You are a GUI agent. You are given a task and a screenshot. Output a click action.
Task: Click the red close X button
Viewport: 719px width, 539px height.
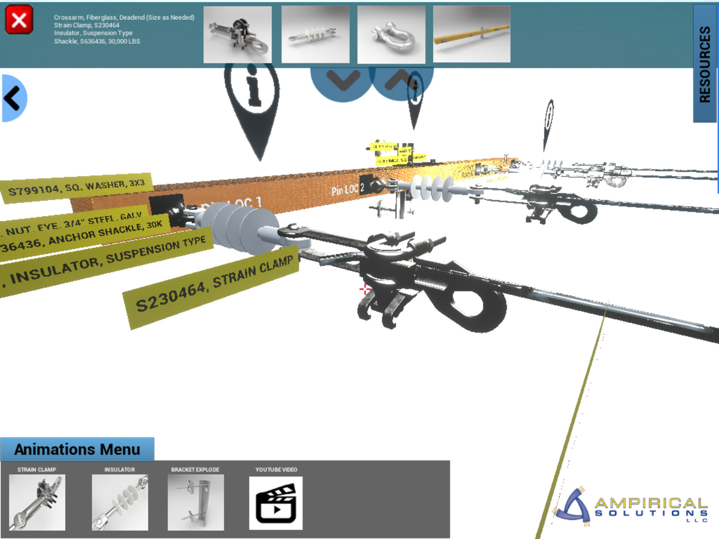coord(19,20)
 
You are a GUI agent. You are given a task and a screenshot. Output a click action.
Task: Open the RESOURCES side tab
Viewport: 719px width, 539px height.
coord(705,64)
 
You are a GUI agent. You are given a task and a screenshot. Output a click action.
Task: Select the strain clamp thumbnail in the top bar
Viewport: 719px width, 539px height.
coord(237,34)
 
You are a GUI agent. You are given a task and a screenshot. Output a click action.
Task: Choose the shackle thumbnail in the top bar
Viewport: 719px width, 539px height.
coord(391,34)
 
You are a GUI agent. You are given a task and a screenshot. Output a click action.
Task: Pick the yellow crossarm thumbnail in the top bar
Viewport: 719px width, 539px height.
coord(471,34)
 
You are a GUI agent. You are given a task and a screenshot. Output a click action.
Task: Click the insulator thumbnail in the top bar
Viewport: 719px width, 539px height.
coord(315,34)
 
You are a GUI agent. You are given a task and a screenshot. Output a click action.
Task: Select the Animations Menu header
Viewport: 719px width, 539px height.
coord(77,449)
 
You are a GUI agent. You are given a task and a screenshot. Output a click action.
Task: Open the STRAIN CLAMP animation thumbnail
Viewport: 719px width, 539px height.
coord(37,502)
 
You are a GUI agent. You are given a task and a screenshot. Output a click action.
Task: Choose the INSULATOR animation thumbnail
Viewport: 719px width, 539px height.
coord(120,502)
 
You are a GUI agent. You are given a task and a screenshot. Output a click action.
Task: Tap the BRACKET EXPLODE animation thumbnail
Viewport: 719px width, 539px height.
coord(195,502)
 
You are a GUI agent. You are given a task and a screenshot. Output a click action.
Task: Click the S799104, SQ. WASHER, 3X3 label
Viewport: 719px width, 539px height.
coord(77,188)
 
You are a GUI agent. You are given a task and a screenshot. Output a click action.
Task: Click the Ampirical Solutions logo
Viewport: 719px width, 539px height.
coord(631,507)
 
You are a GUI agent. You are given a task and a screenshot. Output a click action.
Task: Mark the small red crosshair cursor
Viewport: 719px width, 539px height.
coord(364,289)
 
